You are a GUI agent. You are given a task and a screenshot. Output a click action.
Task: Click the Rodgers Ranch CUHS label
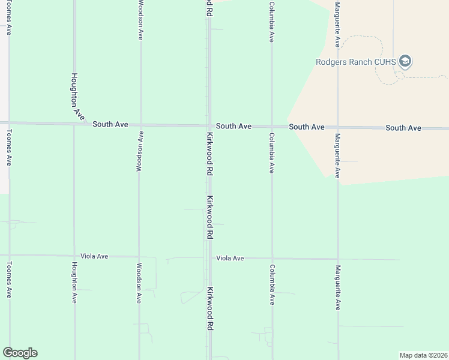pos(357,61)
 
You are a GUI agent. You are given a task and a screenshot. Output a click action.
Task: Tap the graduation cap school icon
pos(406,61)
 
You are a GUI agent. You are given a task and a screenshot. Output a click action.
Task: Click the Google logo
pos(20,353)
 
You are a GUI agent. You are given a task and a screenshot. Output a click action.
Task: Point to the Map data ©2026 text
pos(423,355)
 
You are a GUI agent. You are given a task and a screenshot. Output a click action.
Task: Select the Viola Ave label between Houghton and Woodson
pos(94,256)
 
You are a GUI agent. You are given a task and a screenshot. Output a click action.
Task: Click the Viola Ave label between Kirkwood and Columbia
pos(230,258)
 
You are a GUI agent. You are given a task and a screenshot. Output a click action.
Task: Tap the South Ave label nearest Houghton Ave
pos(110,124)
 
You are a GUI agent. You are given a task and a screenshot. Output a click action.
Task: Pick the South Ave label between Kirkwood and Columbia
pos(234,126)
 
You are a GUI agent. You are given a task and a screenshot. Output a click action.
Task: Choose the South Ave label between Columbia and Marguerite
pos(307,127)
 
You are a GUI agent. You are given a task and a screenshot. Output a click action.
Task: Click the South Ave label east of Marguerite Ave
pos(403,128)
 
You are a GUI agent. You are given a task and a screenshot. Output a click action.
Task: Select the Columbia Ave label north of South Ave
pos(271,21)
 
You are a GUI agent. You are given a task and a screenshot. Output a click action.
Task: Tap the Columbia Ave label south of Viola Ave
pos(272,284)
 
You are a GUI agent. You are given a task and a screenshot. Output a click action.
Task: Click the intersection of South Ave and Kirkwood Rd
pos(209,125)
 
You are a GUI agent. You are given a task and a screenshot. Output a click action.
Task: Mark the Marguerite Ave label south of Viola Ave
pos(338,287)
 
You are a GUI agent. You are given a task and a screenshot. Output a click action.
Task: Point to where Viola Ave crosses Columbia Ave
pos(272,259)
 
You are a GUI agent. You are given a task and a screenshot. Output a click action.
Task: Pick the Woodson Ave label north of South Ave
pos(140,20)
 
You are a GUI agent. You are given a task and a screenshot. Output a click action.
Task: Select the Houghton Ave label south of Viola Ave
pos(74,282)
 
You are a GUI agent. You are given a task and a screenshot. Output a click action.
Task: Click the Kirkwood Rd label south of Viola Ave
pos(209,309)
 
